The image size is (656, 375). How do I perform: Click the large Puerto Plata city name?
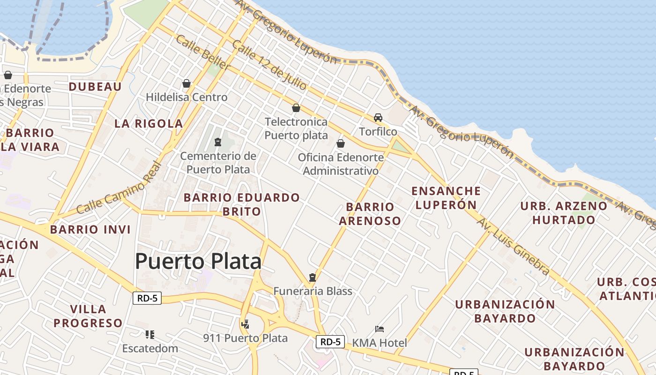(198, 261)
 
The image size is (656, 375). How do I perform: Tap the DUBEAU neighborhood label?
(95, 87)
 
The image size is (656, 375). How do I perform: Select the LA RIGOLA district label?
(149, 124)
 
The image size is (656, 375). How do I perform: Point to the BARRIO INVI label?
(90, 230)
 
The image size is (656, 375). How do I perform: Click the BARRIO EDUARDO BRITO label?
(241, 204)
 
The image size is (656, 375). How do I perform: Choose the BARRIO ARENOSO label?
(370, 214)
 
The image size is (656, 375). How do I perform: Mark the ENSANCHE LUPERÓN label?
(446, 198)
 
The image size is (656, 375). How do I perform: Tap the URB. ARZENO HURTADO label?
(564, 213)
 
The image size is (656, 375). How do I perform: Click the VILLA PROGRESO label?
(88, 316)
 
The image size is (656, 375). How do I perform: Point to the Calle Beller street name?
(202, 52)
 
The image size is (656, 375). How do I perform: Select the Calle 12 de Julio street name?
(269, 65)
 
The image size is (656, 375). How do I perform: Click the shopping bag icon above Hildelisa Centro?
(186, 83)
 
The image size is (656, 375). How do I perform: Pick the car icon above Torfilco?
(378, 118)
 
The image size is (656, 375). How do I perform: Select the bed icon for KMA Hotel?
(380, 329)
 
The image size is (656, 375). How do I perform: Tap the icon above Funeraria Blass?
(313, 277)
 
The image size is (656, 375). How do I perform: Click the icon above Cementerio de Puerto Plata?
(217, 142)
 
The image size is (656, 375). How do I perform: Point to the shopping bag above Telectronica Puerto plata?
(296, 108)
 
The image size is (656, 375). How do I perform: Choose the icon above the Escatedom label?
(150, 335)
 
